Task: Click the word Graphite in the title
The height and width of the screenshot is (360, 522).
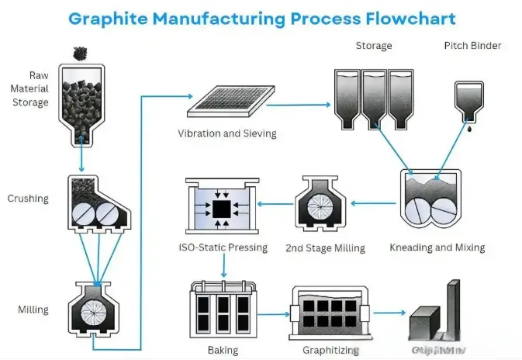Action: [x=113, y=17]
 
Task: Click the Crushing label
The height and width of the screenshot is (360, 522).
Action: [x=28, y=199]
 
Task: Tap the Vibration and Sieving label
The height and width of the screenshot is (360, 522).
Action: [x=226, y=133]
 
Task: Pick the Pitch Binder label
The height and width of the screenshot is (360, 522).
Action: [x=472, y=46]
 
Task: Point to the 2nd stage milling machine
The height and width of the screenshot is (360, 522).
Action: [x=321, y=204]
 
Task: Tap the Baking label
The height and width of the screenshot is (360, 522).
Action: [x=223, y=351]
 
